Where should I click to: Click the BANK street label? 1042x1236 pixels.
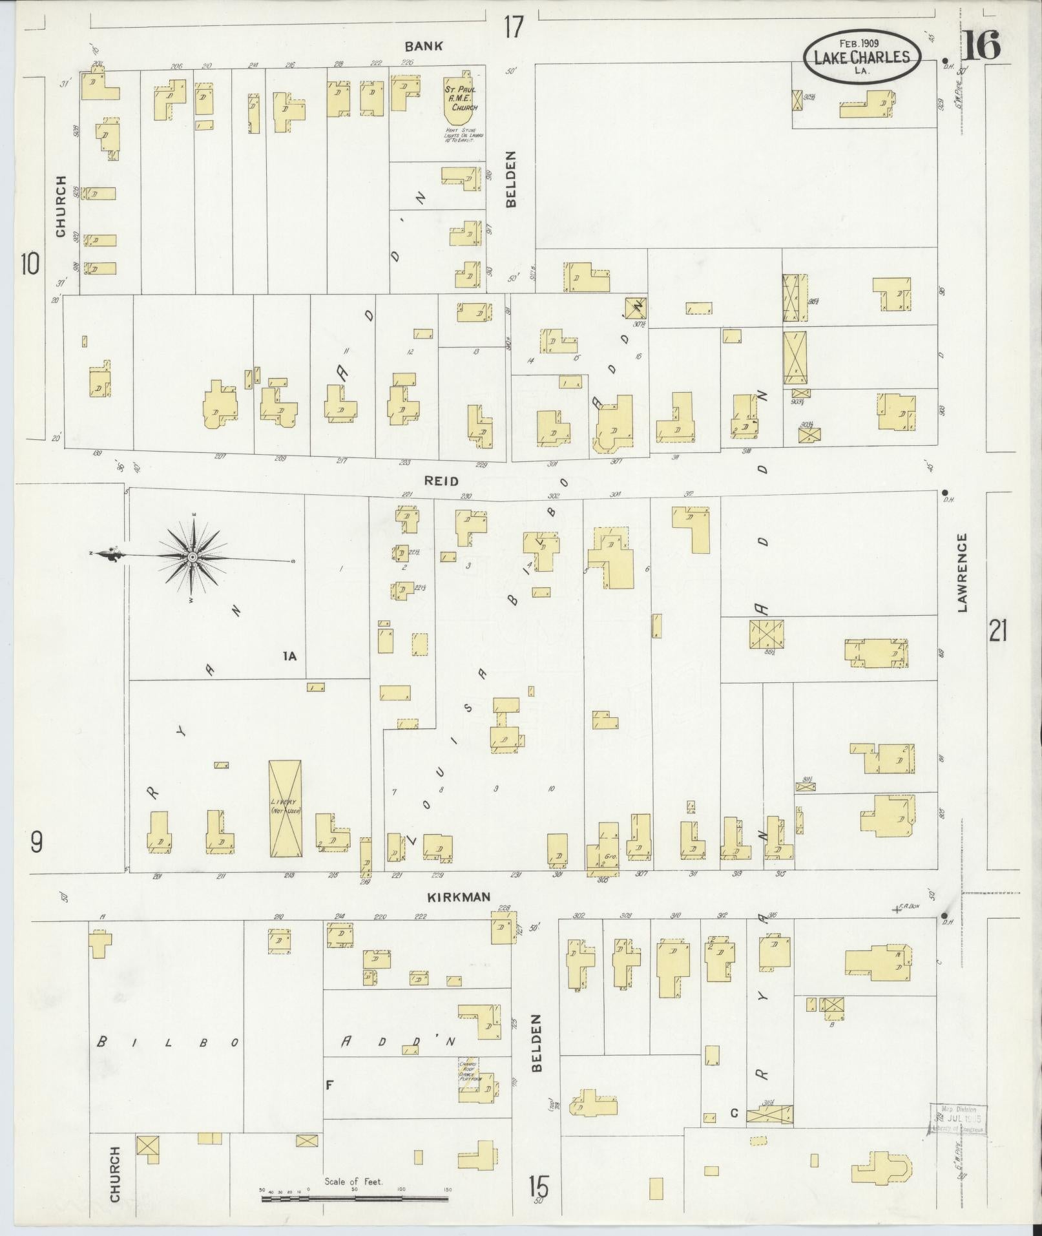pos(424,46)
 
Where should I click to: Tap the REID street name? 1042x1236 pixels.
pos(441,481)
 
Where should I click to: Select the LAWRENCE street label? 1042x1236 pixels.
pos(963,572)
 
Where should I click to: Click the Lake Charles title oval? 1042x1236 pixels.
pos(861,57)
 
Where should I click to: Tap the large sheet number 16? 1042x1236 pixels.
pos(983,46)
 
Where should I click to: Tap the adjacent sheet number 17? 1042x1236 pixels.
pos(514,28)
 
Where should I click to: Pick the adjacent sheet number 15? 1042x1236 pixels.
pos(539,1186)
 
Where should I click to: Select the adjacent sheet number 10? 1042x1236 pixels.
pos(30,264)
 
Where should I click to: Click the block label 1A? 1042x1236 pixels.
pos(289,656)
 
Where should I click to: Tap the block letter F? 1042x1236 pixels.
pos(329,1085)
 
